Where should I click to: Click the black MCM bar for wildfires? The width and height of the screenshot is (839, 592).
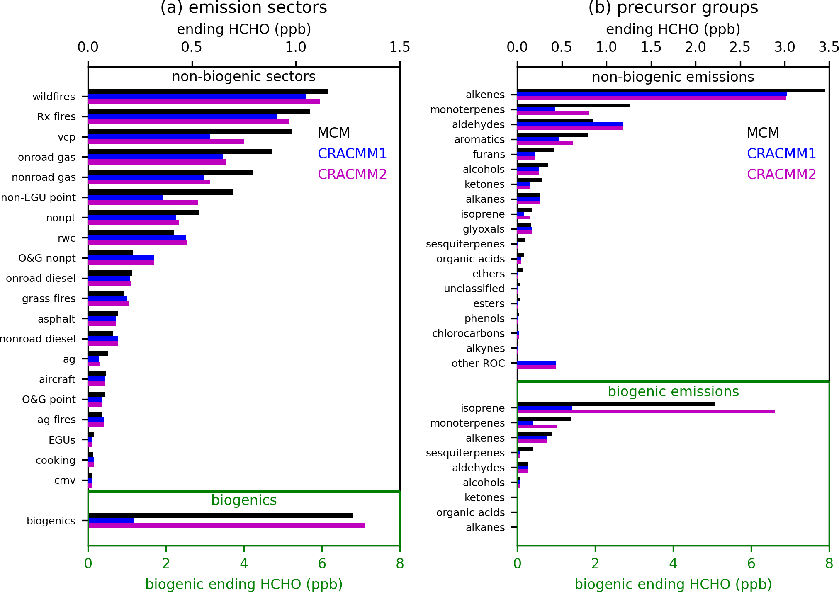pyautogui.click(x=207, y=91)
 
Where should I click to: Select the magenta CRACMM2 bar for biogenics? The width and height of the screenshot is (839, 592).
pyautogui.click(x=226, y=526)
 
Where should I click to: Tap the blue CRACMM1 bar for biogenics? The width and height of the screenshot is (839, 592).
pyautogui.click(x=111, y=520)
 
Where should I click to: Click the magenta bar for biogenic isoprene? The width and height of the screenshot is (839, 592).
pyautogui.click(x=646, y=412)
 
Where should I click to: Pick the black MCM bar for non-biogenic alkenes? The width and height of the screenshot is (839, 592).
pyautogui.click(x=671, y=91)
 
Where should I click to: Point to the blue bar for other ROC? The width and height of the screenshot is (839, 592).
pyautogui.click(x=536, y=363)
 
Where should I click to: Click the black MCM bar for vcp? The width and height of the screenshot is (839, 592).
pyautogui.click(x=190, y=131)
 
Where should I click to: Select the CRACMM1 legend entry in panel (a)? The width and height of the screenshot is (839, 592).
pyautogui.click(x=352, y=154)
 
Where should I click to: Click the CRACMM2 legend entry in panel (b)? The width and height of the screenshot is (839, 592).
pyautogui.click(x=781, y=175)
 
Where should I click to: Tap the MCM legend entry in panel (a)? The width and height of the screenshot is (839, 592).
pyautogui.click(x=333, y=133)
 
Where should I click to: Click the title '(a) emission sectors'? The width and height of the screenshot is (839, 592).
pyautogui.click(x=244, y=8)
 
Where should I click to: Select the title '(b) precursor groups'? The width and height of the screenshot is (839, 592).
pyautogui.click(x=673, y=8)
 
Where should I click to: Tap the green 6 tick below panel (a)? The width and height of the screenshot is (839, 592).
pyautogui.click(x=322, y=564)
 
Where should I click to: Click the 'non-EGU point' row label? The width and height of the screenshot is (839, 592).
pyautogui.click(x=38, y=198)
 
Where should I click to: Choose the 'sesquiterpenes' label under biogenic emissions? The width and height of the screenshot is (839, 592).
pyautogui.click(x=465, y=453)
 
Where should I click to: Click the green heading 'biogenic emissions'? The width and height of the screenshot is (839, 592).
pyautogui.click(x=673, y=392)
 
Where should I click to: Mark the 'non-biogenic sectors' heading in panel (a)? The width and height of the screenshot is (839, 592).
pyautogui.click(x=244, y=77)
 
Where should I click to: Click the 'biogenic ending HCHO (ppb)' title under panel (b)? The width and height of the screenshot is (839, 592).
pyautogui.click(x=673, y=584)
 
